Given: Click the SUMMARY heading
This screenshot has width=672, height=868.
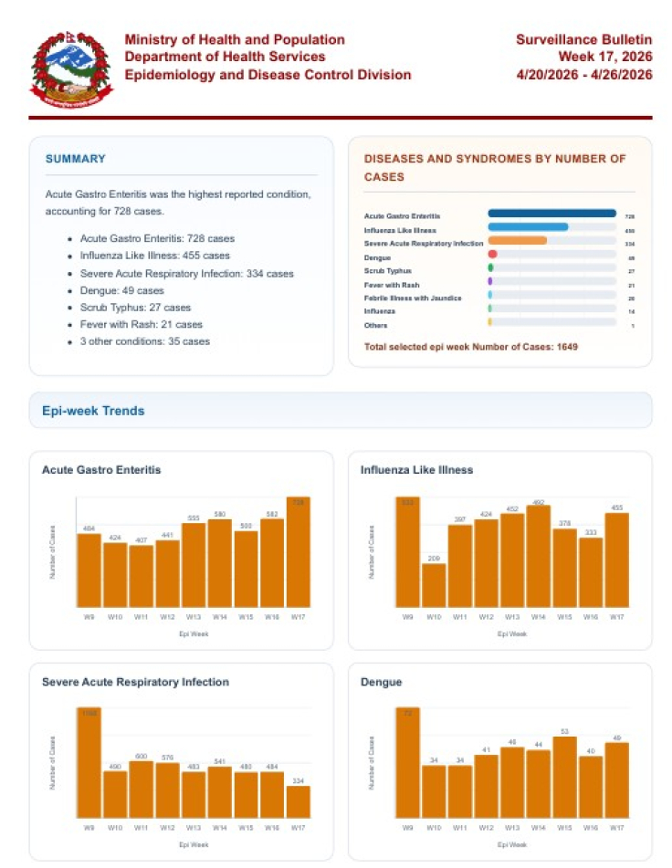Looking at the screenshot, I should coord(76,159).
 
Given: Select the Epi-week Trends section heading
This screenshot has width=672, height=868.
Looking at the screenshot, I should coord(93,411).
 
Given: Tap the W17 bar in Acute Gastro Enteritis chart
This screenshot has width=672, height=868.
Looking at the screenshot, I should coord(299,552).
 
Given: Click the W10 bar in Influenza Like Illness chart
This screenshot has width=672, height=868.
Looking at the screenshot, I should coord(435,585).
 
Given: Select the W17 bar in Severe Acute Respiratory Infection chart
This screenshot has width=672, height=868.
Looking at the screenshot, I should coord(299,801).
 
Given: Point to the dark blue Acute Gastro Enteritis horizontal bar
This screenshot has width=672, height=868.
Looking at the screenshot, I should coord(551,214).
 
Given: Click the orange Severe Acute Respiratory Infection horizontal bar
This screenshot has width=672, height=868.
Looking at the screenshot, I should coord(518,241).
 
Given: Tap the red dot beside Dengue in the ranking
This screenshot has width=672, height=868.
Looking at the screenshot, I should coord(492,255).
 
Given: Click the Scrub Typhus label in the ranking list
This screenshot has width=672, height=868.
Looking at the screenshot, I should coord(387,271).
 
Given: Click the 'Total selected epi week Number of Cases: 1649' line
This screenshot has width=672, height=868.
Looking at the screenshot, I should coord(471,347).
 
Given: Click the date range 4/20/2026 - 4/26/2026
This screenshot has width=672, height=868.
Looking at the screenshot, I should coord(584,75).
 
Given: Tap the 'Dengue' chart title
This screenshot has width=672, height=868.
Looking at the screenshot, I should coord(382,682).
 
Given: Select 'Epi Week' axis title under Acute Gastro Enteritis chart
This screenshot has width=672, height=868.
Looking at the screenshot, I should coord(193,633).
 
